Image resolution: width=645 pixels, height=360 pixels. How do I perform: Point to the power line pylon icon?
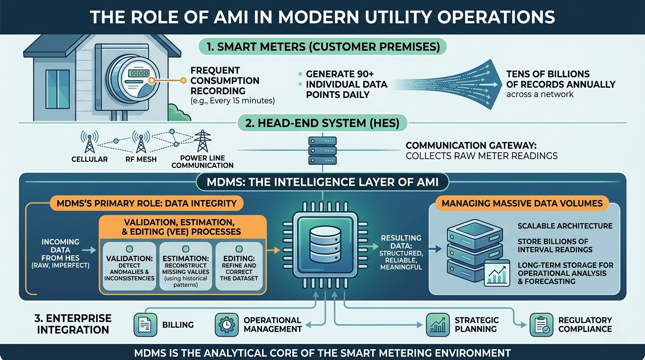[202, 141]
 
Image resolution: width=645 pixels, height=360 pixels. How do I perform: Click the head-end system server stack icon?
[322, 150]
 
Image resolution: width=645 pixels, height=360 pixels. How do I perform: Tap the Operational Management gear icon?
[226, 324]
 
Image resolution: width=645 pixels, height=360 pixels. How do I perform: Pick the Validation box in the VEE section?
[128, 266]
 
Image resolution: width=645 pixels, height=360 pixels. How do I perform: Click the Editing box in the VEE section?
[240, 266]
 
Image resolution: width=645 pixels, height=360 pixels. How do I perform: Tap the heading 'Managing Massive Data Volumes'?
[522, 203]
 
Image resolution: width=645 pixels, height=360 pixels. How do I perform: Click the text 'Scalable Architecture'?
[565, 226]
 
